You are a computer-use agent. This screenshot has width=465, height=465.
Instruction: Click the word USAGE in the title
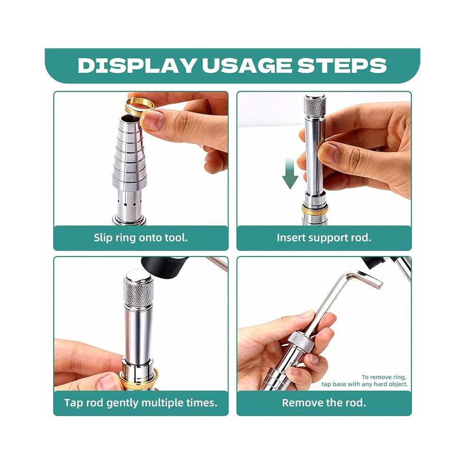[x=247, y=66]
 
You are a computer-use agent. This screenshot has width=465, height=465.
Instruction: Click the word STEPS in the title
[x=342, y=66]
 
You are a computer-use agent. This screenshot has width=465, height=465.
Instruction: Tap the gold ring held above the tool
[x=139, y=107]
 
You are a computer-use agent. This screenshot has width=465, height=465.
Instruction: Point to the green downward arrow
[x=290, y=173]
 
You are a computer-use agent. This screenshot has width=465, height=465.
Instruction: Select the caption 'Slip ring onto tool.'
[x=141, y=238]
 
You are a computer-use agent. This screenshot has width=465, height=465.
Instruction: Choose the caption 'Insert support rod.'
[x=324, y=238]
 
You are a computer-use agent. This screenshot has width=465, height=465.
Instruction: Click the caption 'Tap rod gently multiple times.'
[x=141, y=403]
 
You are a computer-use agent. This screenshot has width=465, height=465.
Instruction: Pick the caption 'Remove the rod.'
[x=324, y=403]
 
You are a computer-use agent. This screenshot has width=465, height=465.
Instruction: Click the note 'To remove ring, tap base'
[x=364, y=381]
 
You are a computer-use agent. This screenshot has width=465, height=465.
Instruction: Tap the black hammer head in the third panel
[x=164, y=267]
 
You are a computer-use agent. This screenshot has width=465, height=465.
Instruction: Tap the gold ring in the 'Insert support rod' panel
[x=315, y=210]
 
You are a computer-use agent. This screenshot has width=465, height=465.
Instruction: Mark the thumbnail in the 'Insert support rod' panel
[x=330, y=153]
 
